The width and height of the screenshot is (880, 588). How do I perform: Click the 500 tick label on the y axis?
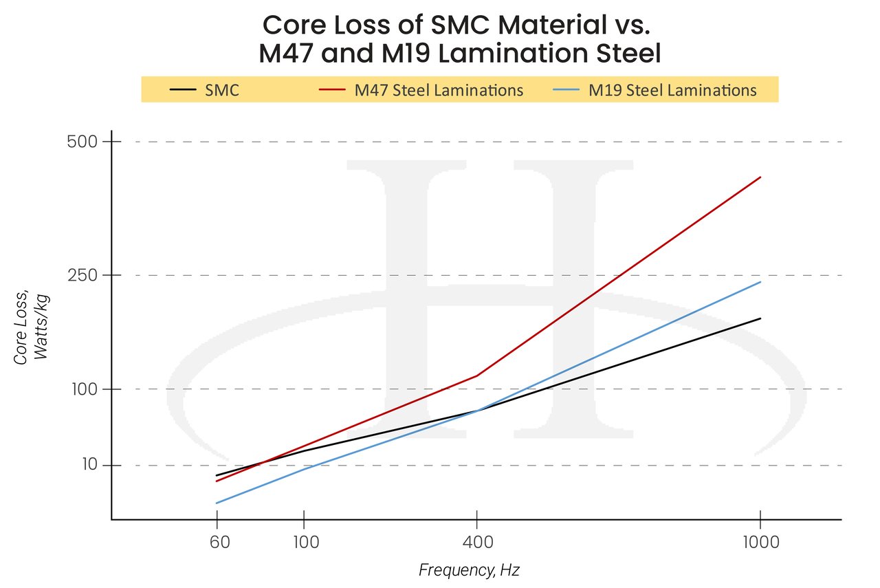click(83, 142)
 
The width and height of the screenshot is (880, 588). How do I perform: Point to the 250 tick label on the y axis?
click(83, 275)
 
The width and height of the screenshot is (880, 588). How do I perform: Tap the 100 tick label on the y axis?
click(84, 389)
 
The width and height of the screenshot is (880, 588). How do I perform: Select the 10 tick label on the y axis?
click(89, 466)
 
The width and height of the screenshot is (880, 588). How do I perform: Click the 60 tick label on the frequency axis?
click(217, 542)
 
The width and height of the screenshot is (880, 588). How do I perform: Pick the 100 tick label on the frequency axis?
click(304, 542)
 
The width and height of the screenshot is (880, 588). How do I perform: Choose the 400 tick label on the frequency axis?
click(476, 542)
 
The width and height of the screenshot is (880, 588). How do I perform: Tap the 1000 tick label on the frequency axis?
click(760, 542)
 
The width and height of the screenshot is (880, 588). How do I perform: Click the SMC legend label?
click(222, 90)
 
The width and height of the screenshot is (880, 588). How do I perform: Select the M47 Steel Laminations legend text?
click(438, 90)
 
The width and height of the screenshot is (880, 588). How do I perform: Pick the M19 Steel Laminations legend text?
click(672, 90)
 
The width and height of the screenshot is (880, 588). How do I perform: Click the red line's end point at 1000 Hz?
click(760, 177)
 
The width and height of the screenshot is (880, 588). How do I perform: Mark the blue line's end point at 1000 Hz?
click(760, 282)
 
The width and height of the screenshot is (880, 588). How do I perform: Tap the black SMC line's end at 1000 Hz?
click(760, 318)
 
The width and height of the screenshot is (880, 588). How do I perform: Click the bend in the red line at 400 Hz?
click(476, 375)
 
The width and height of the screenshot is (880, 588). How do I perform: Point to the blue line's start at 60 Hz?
click(217, 503)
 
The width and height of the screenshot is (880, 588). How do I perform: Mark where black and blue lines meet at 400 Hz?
click(476, 411)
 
